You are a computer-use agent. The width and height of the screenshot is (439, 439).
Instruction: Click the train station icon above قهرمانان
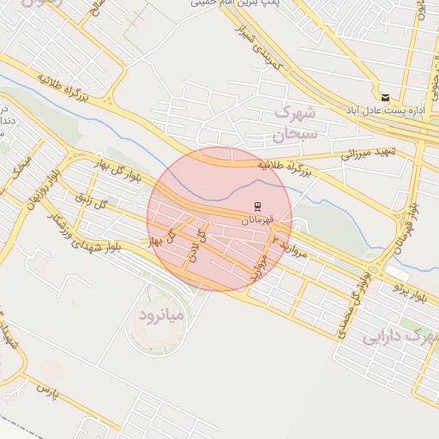coord(255,204)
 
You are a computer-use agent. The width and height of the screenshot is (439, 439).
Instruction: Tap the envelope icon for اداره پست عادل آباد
coord(385,97)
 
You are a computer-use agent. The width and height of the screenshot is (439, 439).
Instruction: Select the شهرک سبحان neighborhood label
coord(296,123)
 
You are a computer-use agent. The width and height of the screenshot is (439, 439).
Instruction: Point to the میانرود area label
coord(161,316)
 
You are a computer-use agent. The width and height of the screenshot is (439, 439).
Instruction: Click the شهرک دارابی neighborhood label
coord(400,337)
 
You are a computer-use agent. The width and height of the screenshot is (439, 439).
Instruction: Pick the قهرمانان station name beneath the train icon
coord(256,220)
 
